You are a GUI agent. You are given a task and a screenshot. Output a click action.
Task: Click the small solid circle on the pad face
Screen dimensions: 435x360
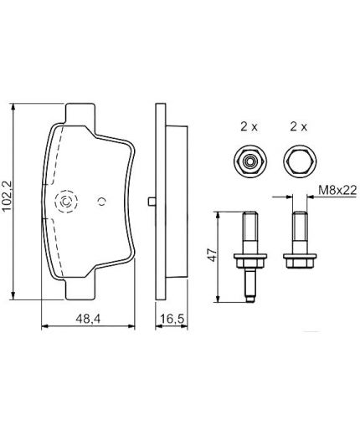click(101, 200)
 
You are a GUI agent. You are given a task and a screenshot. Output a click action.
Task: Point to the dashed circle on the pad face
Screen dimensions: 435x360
click(65, 201)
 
